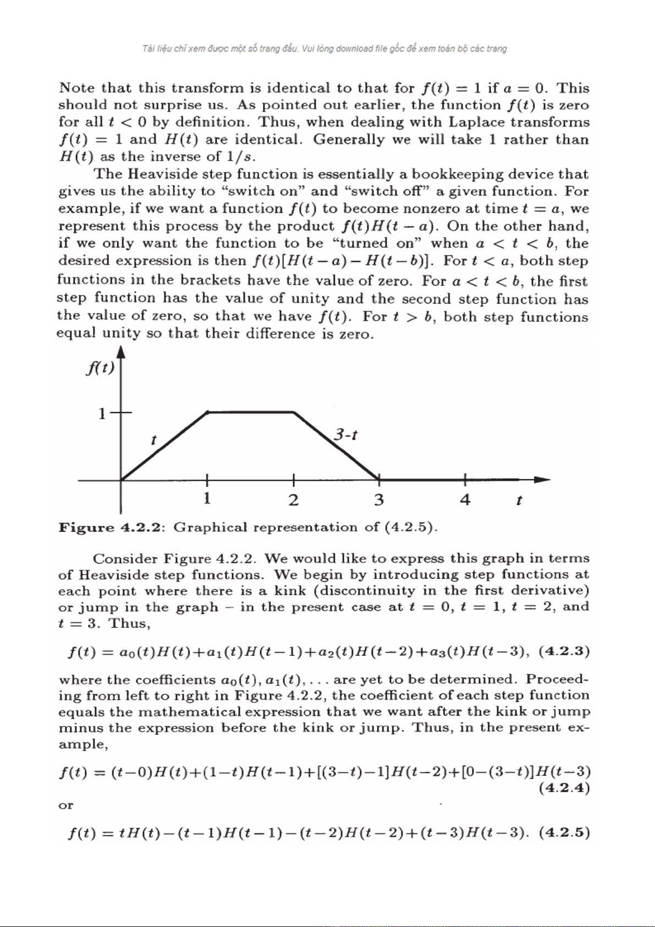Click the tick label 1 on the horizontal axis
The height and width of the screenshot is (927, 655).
[207, 498]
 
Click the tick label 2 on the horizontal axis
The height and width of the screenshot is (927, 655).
[294, 500]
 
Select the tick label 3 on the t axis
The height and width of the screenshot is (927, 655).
[379, 500]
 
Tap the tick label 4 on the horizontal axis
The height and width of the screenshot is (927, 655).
[465, 500]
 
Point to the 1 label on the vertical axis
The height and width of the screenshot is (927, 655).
[102, 413]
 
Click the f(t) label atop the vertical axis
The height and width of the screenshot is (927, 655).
[100, 367]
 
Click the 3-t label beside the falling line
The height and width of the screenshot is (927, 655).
[346, 435]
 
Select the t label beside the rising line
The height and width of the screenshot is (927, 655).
[153, 440]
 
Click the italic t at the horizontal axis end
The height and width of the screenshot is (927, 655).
[519, 500]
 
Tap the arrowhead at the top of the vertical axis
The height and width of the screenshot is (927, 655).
[121, 352]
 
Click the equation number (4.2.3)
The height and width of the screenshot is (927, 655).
[564, 651]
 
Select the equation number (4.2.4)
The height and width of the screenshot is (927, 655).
[564, 788]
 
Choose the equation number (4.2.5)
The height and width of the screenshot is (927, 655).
[564, 832]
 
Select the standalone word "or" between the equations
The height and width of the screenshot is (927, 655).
[65, 805]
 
